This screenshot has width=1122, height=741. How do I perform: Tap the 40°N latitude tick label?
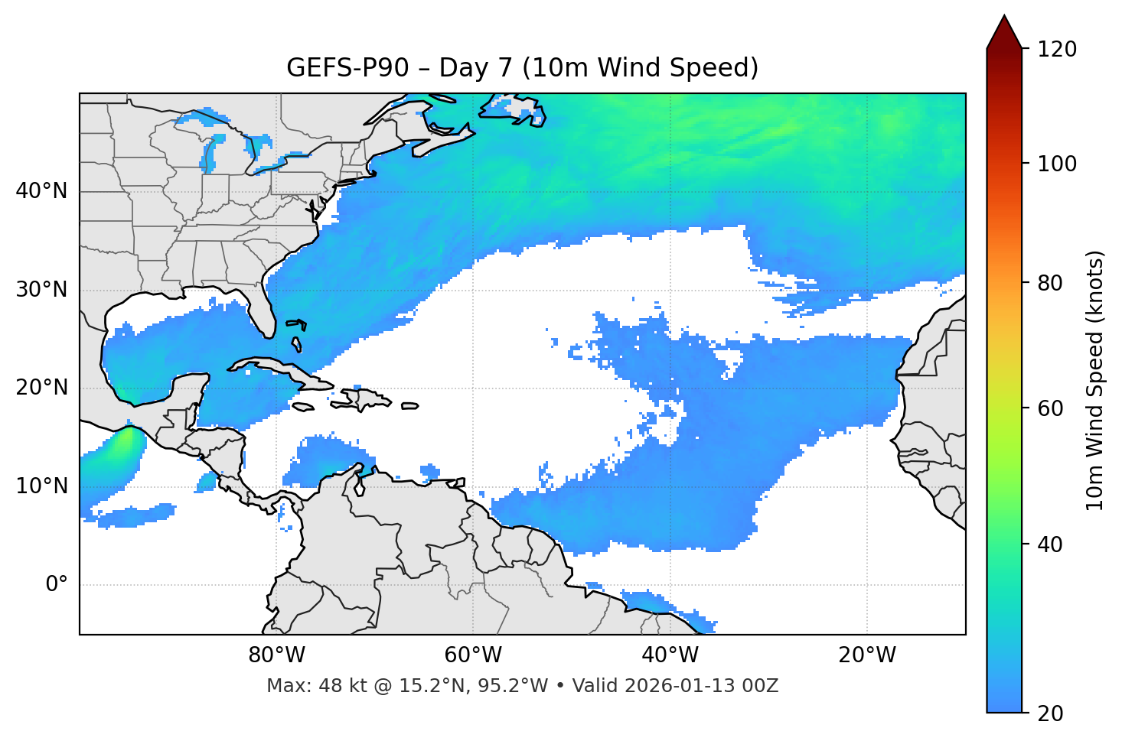tap(41, 191)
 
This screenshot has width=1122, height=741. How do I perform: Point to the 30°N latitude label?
tap(41, 290)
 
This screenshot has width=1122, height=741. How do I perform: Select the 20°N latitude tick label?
tap(41, 388)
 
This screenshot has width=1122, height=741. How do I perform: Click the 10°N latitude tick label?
tap(41, 486)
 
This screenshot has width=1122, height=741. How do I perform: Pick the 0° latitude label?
tap(57, 585)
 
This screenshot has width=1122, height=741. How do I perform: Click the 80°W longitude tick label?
tap(276, 655)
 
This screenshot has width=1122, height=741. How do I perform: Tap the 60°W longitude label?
tap(473, 655)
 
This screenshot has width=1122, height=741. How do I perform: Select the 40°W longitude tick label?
tap(670, 655)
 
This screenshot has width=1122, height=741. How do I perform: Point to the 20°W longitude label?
tap(867, 655)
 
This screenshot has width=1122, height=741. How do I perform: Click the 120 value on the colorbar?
tap(1057, 50)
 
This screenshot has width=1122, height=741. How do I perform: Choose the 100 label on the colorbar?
tap(1057, 164)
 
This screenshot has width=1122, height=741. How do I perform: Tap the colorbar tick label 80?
tap(1052, 283)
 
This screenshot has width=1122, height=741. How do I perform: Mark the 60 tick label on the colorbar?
tap(1052, 408)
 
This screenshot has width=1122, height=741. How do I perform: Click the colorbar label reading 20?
tap(1052, 713)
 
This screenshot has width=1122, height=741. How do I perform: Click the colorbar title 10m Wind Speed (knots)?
tap(1095, 380)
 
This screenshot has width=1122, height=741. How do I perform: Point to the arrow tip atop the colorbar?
tap(1004, 17)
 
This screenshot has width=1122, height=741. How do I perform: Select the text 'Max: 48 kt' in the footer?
tap(299, 686)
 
